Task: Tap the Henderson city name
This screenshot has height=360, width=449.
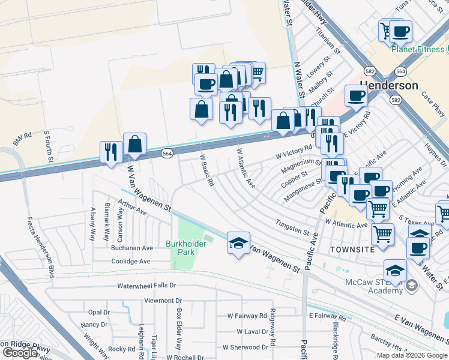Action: [x=388, y=86]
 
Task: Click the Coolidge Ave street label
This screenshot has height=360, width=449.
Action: [x=130, y=262]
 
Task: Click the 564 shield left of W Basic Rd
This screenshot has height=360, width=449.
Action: [x=167, y=154]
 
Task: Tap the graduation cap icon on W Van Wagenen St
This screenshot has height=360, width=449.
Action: [x=238, y=242]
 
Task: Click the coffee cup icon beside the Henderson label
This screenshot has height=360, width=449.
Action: [x=357, y=95]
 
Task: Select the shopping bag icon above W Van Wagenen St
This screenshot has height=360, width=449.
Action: [x=134, y=144]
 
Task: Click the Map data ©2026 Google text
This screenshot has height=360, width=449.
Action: [x=411, y=355]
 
